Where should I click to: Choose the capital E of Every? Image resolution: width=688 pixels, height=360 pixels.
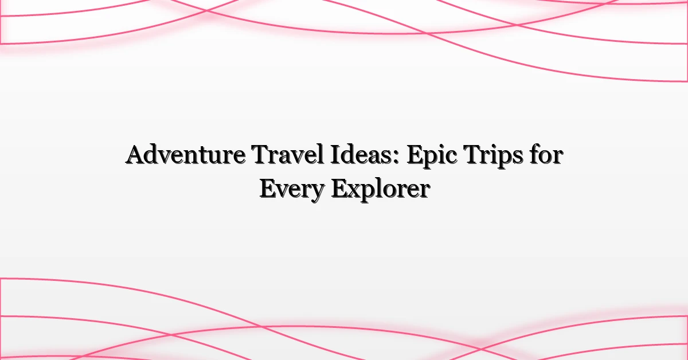click(267, 189)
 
